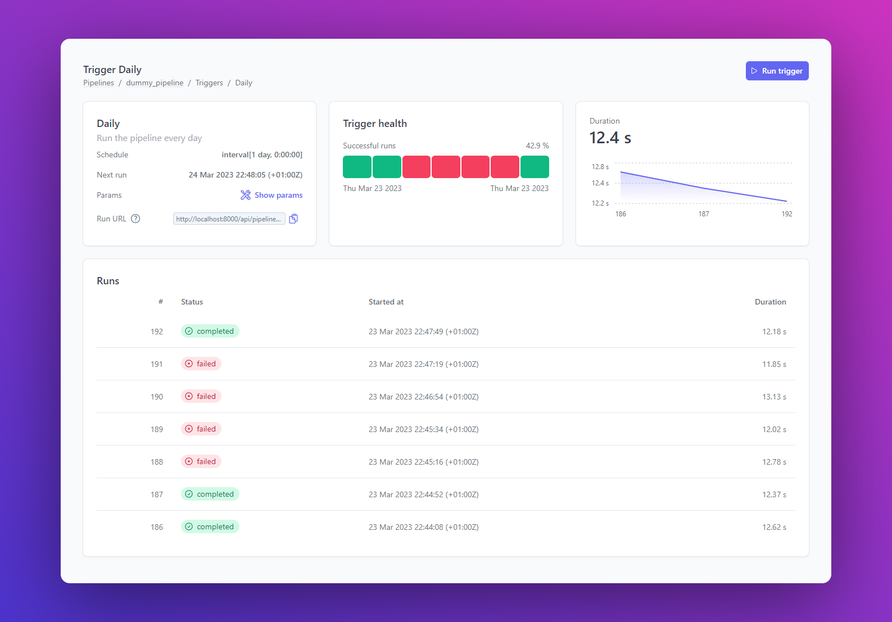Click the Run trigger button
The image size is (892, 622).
[x=777, y=71]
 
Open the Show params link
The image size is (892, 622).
[x=272, y=195]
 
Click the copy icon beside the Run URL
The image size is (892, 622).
[x=293, y=219]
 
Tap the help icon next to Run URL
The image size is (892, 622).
[x=135, y=219]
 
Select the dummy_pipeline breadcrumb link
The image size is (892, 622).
[x=155, y=83]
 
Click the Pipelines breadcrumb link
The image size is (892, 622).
[x=98, y=83]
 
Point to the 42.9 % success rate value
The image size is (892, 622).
[x=537, y=146]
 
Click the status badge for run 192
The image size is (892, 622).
[x=210, y=331]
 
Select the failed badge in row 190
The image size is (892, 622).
[x=201, y=396]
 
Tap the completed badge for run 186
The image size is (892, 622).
[x=210, y=526]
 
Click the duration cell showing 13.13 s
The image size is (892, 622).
[x=774, y=397]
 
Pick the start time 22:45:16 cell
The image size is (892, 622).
[x=423, y=462]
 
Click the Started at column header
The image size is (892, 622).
[x=386, y=302]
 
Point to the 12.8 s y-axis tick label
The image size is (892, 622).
[x=600, y=167]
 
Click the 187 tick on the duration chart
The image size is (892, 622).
[x=704, y=214]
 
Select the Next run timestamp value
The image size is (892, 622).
[x=245, y=175]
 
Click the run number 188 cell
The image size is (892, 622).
[x=157, y=462]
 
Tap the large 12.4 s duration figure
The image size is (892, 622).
[x=610, y=138]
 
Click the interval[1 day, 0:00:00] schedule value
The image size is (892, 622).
[x=262, y=155]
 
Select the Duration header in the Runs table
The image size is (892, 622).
[x=770, y=302]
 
